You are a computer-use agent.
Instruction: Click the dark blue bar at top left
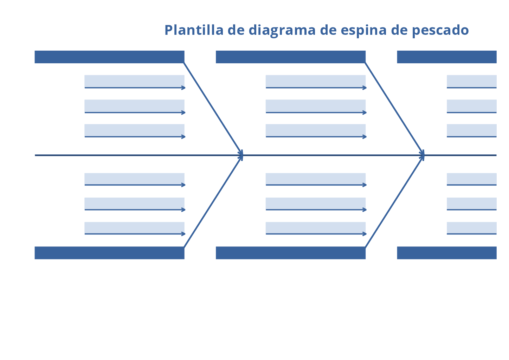click(x=109, y=57)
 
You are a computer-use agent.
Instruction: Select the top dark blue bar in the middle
click(x=291, y=57)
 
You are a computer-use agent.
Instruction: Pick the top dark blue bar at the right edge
click(x=447, y=57)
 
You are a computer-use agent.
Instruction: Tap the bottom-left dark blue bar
click(x=109, y=253)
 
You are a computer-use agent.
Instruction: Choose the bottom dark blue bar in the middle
click(x=291, y=253)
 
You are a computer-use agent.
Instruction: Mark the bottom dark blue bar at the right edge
click(x=447, y=253)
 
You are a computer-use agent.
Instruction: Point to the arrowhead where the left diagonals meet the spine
click(x=241, y=155)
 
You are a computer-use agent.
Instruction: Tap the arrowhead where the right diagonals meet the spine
click(x=423, y=155)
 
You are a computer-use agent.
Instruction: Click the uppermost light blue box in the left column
click(x=134, y=81)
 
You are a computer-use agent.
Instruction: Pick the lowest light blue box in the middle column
click(x=316, y=227)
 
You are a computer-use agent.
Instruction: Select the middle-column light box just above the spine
click(x=316, y=130)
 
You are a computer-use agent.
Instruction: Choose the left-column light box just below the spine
click(x=134, y=179)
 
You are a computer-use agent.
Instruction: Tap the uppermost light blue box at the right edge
click(x=472, y=81)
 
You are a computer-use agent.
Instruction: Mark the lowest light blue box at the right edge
click(x=472, y=227)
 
